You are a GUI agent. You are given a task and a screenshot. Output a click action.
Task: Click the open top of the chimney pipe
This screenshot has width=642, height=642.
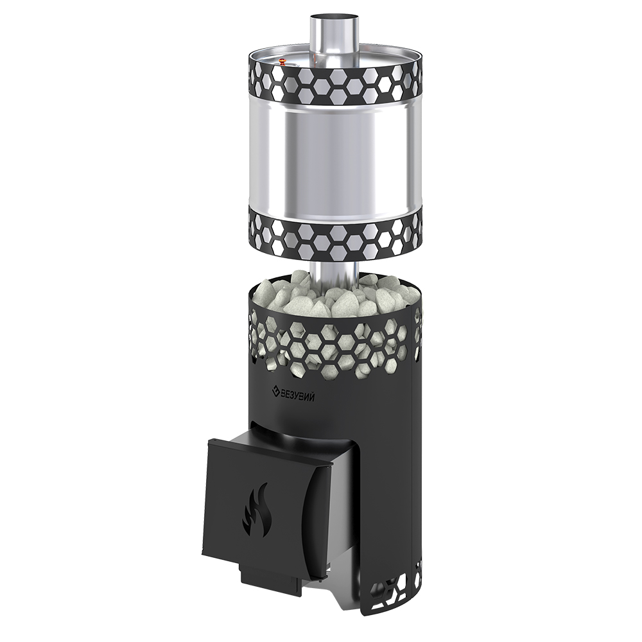click(334, 19)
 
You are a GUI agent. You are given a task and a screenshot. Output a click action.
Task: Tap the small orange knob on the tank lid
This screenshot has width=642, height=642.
click(282, 62)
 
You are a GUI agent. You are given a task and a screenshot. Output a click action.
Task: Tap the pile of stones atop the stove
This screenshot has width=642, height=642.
click(334, 294)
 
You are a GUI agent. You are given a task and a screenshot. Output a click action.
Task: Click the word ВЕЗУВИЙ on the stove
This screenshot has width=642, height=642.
click(297, 396)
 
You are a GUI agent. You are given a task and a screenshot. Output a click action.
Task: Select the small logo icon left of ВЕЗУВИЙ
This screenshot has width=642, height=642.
click(274, 391)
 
